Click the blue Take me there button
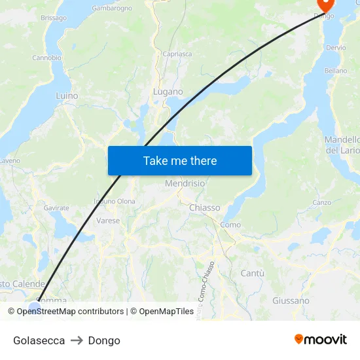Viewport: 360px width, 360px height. coord(179,160)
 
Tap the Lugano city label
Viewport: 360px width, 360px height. coord(168,92)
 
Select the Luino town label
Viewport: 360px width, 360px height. coord(67,96)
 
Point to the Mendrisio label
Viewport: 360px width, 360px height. coord(185,184)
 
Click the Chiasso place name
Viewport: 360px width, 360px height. coord(204,207)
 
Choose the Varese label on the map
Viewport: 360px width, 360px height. coord(108,221)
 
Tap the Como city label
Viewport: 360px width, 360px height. coord(230,225)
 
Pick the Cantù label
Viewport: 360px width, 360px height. coord(253,272)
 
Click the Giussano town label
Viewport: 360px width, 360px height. coord(291,300)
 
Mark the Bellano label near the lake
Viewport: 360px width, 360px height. coord(336,71)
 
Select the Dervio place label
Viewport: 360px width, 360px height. coord(336,48)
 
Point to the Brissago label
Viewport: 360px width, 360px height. coord(54,18)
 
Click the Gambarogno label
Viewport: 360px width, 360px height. coord(112,9)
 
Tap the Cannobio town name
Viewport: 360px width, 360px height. coord(47,58)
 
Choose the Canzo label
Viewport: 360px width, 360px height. coord(321,203)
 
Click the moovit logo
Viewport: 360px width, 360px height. coord(320,340)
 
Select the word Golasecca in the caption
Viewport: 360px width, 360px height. coord(39,340)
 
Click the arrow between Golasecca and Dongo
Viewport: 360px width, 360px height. coord(77,340)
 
